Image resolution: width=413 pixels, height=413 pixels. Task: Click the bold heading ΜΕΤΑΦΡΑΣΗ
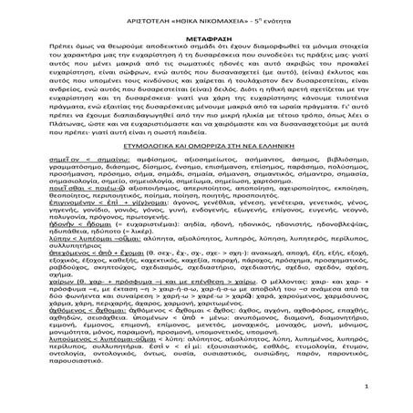click(x=206, y=30)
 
